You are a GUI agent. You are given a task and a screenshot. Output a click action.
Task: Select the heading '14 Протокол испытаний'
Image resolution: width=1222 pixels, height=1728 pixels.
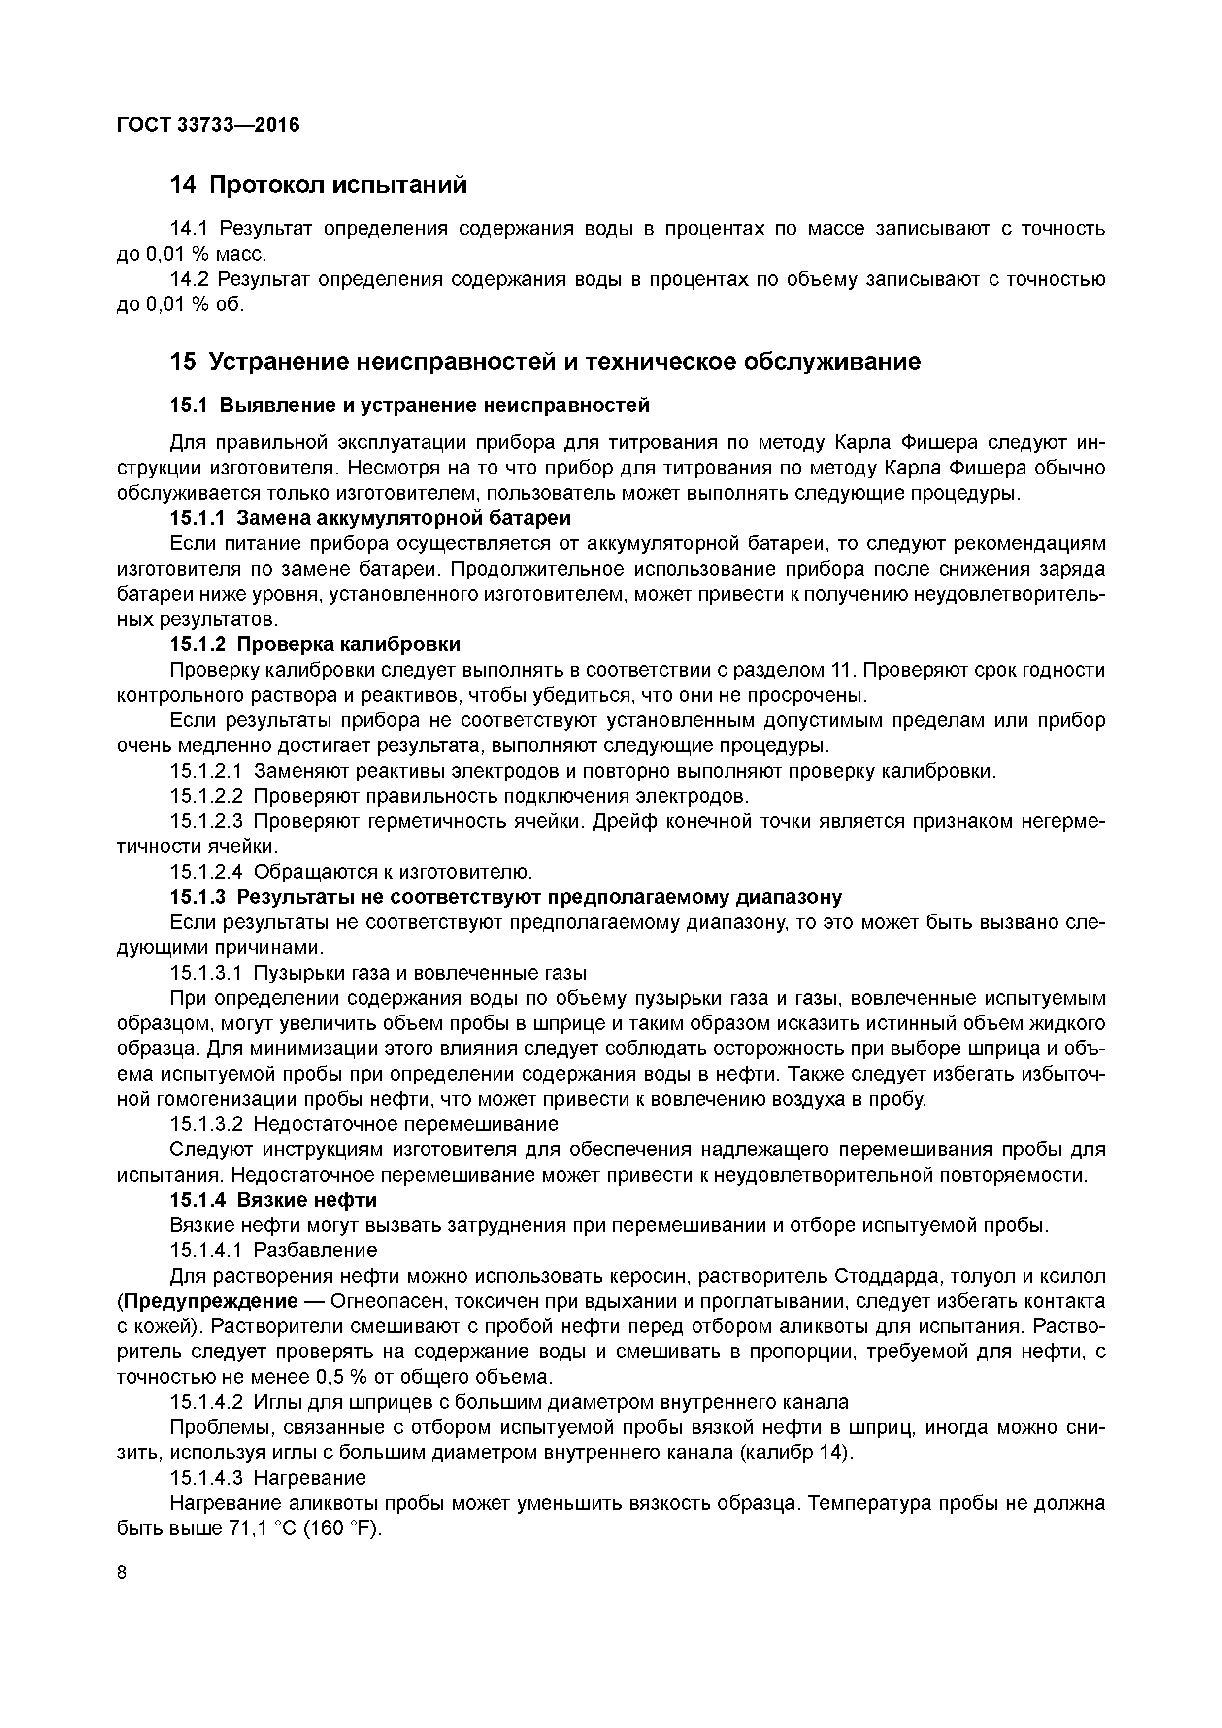[318, 184]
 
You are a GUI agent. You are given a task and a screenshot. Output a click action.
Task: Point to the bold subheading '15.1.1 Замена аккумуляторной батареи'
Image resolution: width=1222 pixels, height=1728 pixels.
[370, 518]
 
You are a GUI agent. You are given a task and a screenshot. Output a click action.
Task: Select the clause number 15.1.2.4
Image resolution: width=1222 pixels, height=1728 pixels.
[207, 872]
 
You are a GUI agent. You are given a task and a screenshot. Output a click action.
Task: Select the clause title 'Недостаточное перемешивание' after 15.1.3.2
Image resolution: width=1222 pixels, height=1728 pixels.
[406, 1123]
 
